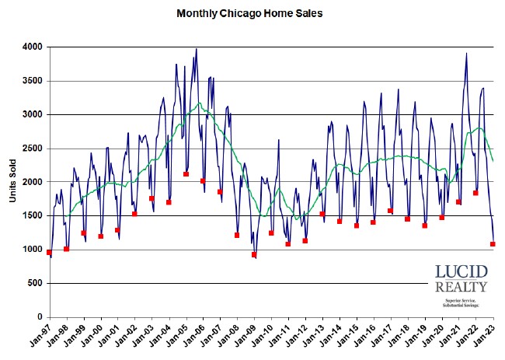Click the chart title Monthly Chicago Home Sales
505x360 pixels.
(x=249, y=13)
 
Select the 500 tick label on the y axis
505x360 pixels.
(x=35, y=284)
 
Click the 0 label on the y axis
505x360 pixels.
(x=40, y=317)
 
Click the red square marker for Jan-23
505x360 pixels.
(x=493, y=244)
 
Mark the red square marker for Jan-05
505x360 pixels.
(x=186, y=174)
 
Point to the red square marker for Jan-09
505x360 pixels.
(x=254, y=255)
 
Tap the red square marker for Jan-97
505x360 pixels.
(x=49, y=253)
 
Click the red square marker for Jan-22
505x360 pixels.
(x=475, y=193)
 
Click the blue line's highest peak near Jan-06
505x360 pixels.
(x=196, y=49)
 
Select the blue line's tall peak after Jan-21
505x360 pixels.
(x=466, y=54)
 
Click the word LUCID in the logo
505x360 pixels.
(x=461, y=274)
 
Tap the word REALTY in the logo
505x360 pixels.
(x=461, y=288)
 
